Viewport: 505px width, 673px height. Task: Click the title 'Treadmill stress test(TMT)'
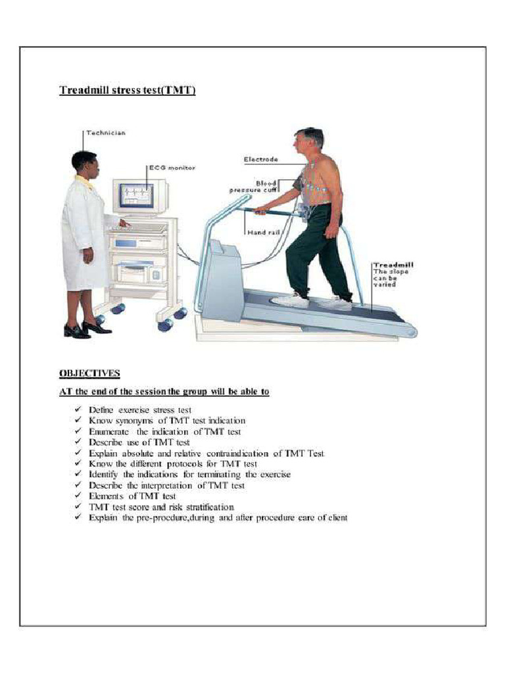(x=127, y=91)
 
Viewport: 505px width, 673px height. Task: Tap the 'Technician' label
(x=107, y=133)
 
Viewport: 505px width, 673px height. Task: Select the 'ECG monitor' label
(x=172, y=168)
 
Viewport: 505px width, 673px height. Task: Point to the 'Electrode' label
(x=261, y=159)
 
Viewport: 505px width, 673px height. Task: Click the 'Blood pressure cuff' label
(x=253, y=187)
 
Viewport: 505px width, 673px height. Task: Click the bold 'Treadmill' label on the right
(x=393, y=265)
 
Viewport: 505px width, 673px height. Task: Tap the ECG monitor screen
(x=137, y=196)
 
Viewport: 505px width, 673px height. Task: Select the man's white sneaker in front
(x=290, y=300)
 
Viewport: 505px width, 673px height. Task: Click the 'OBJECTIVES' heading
(x=89, y=373)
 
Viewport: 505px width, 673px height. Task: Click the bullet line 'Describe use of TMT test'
(x=139, y=442)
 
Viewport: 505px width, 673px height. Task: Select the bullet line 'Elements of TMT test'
(x=132, y=496)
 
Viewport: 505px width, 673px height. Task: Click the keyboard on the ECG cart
(x=140, y=227)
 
